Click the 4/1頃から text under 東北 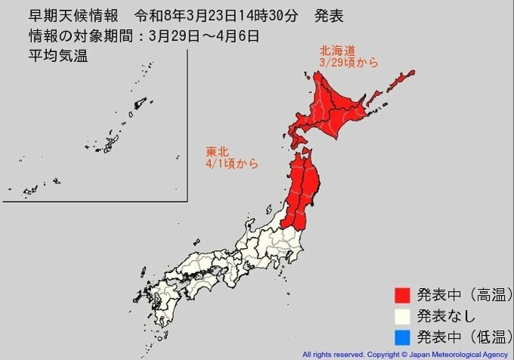[x=230, y=163]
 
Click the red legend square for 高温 [x=402, y=293]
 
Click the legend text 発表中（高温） [x=460, y=293]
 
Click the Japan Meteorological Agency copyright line [x=406, y=354]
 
